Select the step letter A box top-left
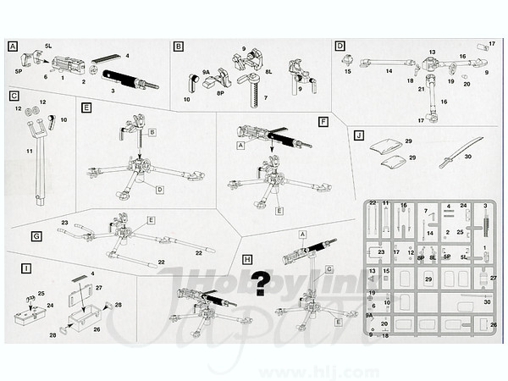click(x=13, y=47)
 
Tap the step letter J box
click(x=360, y=135)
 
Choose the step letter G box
click(x=36, y=236)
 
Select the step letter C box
click(x=15, y=96)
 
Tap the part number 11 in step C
click(x=30, y=151)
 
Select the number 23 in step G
click(x=63, y=223)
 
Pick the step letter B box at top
click(x=179, y=47)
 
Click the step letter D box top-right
click(x=340, y=46)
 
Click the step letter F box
click(x=323, y=121)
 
